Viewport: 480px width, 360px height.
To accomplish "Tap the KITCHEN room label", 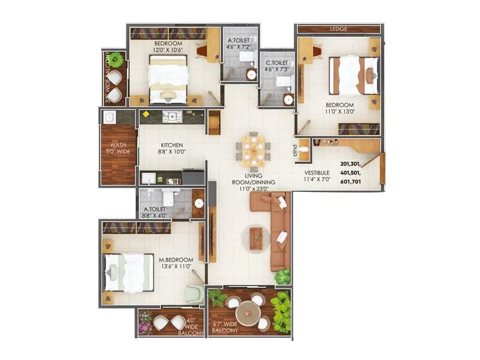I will coord(171,145).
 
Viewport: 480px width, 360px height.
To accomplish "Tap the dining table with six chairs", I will coord(253,150).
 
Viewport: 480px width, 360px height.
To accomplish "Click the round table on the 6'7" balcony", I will coord(247,312).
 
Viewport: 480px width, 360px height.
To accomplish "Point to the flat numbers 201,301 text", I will coord(353,163).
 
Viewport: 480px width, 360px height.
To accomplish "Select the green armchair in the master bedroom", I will coord(193,294).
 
